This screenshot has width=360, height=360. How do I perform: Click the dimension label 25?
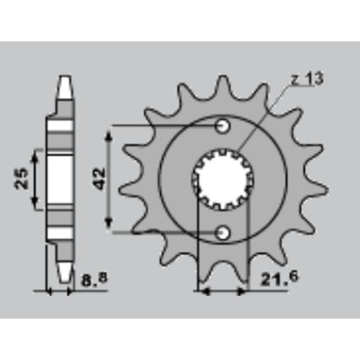(22, 178)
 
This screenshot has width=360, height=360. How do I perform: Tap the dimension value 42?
(100, 178)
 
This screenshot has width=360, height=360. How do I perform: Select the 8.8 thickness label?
(95, 280)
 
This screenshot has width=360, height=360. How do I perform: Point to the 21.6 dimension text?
(280, 278)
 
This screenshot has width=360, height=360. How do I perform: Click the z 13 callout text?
(307, 78)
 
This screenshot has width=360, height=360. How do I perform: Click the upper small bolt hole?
(222, 126)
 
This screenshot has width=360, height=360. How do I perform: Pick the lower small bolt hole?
(222, 233)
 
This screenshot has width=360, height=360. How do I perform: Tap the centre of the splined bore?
(222, 179)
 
